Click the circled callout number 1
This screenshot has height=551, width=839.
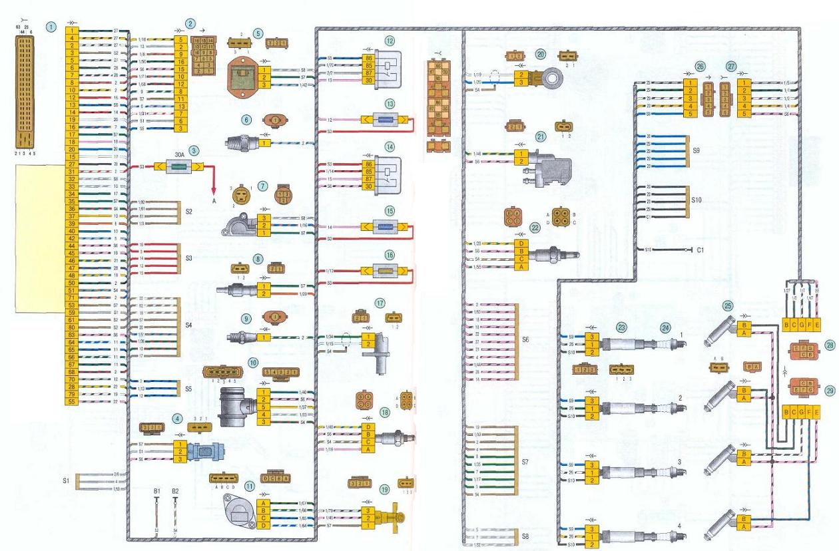tap(51, 27)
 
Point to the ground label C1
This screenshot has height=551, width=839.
tap(700, 251)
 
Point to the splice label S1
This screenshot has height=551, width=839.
tap(65, 479)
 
